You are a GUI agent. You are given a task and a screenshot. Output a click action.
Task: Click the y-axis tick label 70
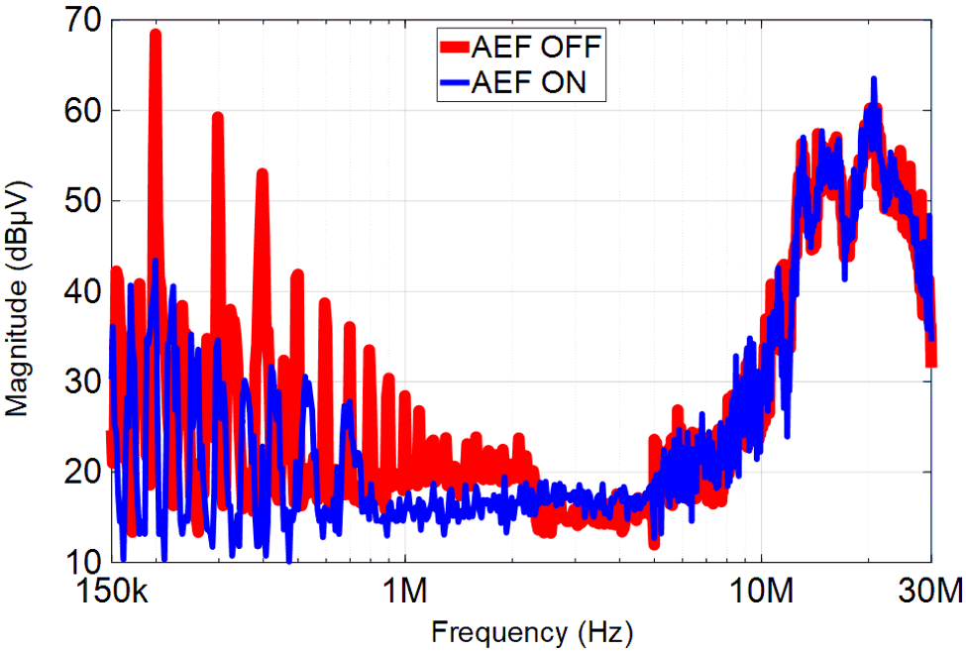(74, 21)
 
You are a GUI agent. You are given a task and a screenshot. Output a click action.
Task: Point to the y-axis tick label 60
(74, 111)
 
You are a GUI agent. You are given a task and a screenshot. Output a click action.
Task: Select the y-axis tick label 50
(74, 201)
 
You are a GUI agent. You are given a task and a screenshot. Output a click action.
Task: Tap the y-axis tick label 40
(74, 291)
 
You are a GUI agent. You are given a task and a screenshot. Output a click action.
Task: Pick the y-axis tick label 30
(74, 381)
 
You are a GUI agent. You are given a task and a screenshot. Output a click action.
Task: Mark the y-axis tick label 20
(74, 472)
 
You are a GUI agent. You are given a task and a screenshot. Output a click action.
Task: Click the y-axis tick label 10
(74, 562)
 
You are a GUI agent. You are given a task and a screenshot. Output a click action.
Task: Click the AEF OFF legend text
(537, 46)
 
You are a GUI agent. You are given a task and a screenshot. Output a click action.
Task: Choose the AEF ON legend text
(529, 83)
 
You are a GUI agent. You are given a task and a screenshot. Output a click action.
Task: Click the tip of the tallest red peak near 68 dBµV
(156, 34)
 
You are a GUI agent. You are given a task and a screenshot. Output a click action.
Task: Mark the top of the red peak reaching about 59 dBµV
(218, 117)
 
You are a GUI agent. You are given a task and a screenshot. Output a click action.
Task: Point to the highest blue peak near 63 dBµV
(874, 78)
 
